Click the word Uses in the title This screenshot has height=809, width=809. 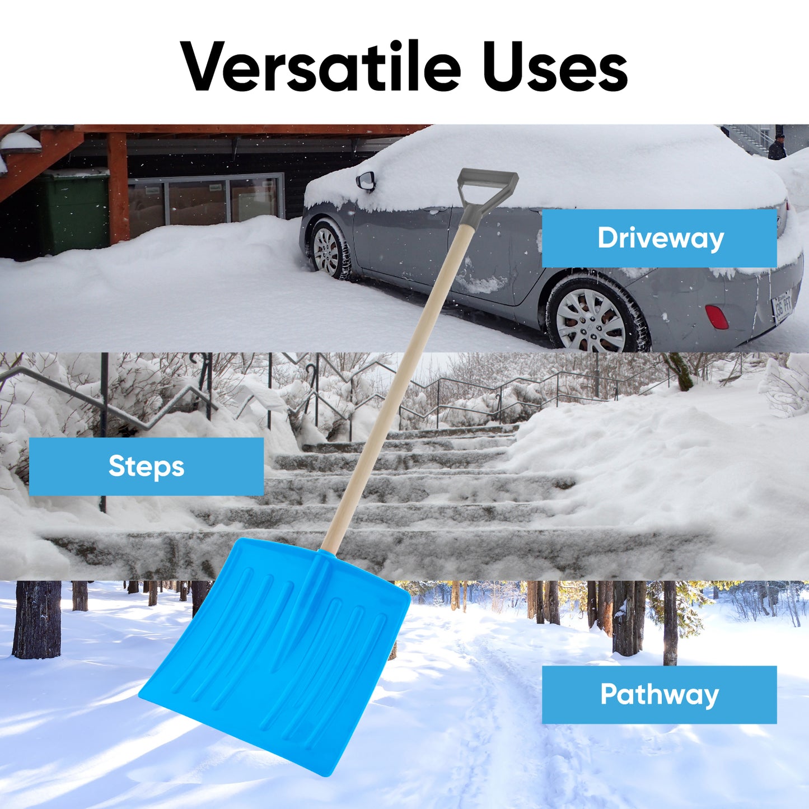[555, 68]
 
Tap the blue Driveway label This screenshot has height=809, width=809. [659, 238]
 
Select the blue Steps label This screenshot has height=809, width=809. [146, 466]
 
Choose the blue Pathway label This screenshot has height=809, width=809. [659, 695]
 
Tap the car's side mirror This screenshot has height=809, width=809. [366, 180]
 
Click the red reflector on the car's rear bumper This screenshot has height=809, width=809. [717, 317]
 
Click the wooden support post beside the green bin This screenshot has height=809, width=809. [118, 188]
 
